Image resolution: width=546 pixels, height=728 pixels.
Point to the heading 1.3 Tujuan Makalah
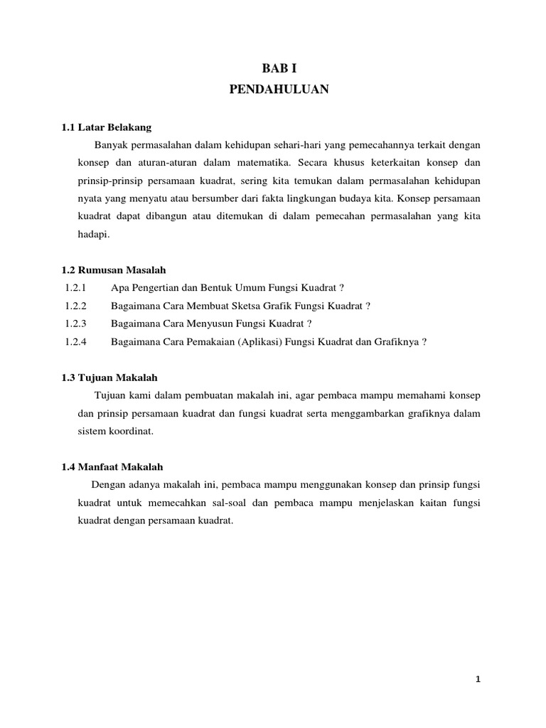point(109,378)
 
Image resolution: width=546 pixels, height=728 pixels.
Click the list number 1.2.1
point(75,288)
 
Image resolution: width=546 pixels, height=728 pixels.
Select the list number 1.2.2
point(75,306)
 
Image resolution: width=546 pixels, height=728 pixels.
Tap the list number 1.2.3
point(75,323)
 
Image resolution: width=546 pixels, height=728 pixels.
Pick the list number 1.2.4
point(75,341)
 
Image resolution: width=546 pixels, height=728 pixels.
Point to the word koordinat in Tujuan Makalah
point(132,431)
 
